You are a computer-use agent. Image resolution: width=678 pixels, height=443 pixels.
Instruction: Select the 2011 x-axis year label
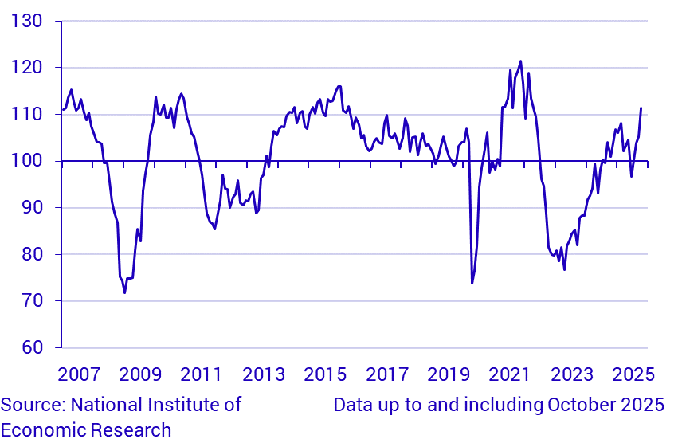coord(201,374)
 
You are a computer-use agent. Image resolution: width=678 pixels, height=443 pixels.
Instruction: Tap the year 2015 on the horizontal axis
coord(324,374)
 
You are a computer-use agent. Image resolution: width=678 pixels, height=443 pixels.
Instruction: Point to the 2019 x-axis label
coord(448,374)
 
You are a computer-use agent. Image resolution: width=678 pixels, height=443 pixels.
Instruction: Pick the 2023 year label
coord(571,374)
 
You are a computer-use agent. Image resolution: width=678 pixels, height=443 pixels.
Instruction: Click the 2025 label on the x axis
coord(633,374)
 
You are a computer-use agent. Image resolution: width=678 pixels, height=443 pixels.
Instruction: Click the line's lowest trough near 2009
coord(124,292)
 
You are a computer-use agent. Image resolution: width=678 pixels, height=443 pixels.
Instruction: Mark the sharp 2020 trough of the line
coord(472,283)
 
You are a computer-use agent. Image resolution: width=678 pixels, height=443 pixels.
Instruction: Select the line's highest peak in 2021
coord(520,61)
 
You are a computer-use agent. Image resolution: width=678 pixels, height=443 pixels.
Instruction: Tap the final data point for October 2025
coord(641,108)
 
